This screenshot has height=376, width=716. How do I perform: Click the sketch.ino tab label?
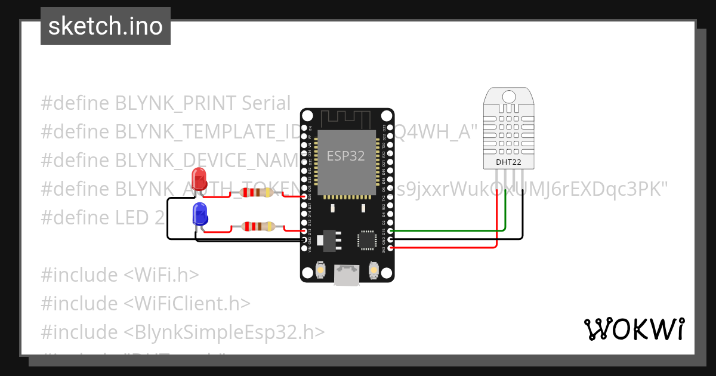(x=105, y=26)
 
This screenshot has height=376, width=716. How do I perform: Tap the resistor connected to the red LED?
(x=255, y=192)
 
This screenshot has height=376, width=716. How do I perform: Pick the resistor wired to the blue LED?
(x=258, y=226)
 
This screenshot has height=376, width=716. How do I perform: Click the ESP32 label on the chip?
(x=345, y=156)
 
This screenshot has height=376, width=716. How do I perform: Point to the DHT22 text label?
(x=508, y=162)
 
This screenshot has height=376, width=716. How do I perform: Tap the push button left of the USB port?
(x=320, y=270)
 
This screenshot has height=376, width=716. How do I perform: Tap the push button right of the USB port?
(x=374, y=270)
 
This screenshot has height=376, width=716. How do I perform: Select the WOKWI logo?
(x=634, y=329)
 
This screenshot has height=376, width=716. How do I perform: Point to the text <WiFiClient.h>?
(x=187, y=303)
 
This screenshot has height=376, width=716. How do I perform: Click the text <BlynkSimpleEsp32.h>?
(x=224, y=332)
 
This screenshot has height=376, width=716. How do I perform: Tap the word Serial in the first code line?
(x=266, y=103)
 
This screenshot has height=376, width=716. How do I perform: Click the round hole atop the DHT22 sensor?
(x=508, y=96)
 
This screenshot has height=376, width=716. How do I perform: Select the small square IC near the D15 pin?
(x=365, y=238)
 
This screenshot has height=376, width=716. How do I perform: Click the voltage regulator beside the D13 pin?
(x=326, y=239)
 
